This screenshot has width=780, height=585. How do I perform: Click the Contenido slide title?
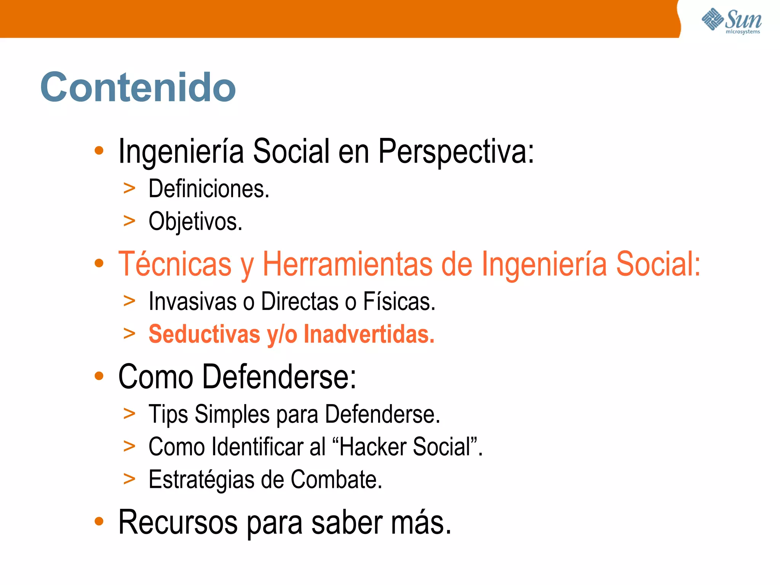138,87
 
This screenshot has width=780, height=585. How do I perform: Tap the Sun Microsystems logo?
731,21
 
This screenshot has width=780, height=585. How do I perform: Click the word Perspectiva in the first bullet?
456,151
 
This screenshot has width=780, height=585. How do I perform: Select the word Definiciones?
209,189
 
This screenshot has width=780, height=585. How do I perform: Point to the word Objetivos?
195,221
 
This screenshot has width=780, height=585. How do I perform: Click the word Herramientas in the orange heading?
347,264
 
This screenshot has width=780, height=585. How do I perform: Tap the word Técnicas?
175,264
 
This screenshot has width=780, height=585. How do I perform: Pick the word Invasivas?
193,301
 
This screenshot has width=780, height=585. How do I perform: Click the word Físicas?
399,301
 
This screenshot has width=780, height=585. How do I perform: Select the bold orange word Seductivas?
204,334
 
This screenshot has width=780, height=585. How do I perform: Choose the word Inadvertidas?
369,334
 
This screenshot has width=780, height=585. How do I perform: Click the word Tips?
168,414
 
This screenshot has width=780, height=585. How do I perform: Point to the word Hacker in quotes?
373,447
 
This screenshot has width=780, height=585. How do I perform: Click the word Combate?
336,480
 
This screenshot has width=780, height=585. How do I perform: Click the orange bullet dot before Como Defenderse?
99,376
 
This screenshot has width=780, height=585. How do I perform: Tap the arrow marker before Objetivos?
129,221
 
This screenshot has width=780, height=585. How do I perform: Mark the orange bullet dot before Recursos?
99,521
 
